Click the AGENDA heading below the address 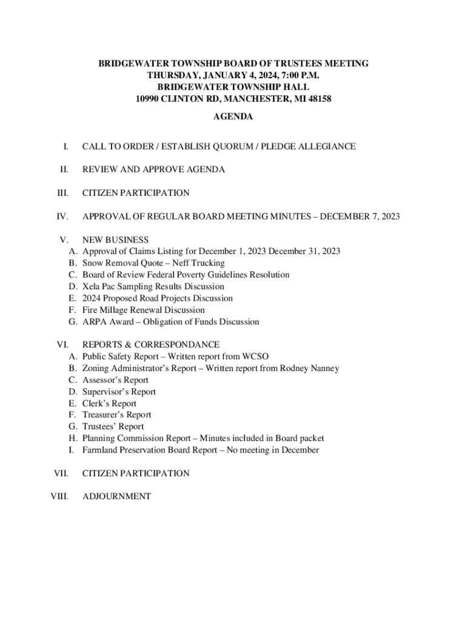[233, 117]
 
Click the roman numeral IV [62, 217]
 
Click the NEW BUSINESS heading [115, 240]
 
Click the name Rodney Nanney [309, 368]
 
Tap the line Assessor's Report [115, 380]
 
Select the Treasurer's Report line [116, 415]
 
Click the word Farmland [100, 450]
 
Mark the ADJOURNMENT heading [116, 497]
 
